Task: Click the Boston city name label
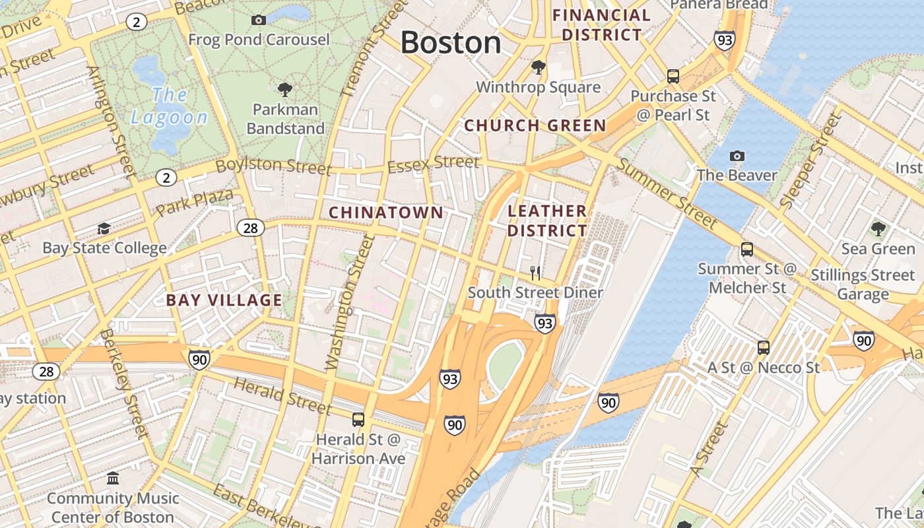click(451, 43)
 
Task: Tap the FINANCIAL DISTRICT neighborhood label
click(601, 25)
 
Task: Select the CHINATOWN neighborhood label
click(386, 213)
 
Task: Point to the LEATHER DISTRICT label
click(547, 220)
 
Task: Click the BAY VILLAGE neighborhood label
click(224, 300)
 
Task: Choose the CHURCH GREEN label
click(535, 125)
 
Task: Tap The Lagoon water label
click(169, 106)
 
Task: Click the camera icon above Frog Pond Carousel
click(259, 20)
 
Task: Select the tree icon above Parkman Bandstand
click(285, 89)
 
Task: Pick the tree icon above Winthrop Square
click(539, 67)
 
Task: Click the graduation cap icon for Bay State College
click(104, 228)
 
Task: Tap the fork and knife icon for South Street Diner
click(535, 273)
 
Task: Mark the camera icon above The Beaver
click(737, 156)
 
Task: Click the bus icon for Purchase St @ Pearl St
click(673, 77)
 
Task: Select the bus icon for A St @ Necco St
click(763, 347)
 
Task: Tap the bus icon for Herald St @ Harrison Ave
click(358, 419)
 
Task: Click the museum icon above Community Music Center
click(113, 478)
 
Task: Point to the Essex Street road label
click(433, 163)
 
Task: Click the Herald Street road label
click(282, 396)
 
